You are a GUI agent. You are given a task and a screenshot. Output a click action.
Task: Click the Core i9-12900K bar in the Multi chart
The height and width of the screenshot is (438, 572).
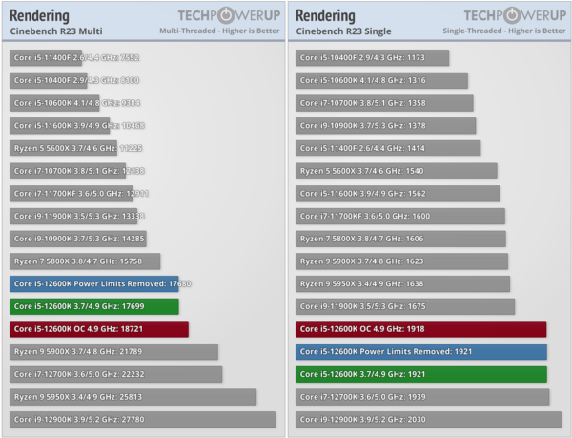[142, 419]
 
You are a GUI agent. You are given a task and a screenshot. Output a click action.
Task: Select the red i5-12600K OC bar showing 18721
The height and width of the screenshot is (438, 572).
[99, 328]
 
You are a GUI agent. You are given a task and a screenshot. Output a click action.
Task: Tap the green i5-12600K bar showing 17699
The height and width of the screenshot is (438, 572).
[93, 306]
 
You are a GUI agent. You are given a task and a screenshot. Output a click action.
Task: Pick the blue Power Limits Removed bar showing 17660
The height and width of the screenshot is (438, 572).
[93, 283]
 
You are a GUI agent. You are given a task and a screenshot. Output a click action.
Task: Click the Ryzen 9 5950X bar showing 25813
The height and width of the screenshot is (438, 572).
[133, 396]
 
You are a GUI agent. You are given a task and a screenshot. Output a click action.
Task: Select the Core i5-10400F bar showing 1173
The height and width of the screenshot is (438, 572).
[372, 57]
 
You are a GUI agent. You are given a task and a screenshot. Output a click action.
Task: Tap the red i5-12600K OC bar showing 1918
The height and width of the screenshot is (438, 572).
[420, 328]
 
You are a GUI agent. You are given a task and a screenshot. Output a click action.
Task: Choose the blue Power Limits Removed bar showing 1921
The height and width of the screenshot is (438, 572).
[420, 351]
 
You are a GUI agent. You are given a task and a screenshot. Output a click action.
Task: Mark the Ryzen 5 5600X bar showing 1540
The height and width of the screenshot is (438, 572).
[396, 171]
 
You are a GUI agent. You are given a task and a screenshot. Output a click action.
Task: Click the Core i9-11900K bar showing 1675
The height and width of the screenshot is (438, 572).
[405, 306]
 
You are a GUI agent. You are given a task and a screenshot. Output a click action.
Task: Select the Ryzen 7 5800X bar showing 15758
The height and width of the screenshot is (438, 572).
[85, 261]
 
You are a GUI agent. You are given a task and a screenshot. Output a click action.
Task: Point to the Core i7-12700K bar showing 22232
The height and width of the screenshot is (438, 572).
[115, 374]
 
